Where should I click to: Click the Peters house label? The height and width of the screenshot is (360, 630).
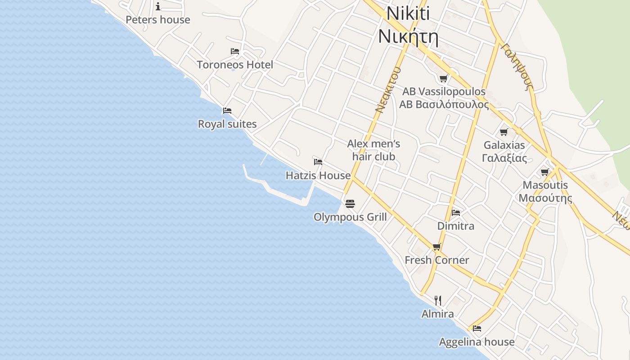(x=158, y=20)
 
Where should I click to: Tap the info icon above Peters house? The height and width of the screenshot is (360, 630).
(x=158, y=6)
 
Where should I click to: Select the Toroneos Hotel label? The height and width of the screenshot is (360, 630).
(x=235, y=65)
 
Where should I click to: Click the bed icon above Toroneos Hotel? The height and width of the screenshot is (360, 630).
(x=235, y=51)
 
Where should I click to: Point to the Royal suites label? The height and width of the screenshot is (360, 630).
(x=227, y=124)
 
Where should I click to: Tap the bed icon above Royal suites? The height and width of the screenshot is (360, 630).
(x=227, y=111)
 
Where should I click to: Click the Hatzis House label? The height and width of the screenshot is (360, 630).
(x=318, y=175)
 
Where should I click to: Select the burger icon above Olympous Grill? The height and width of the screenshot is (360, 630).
(x=350, y=204)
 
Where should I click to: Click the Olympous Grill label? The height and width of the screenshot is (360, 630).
(x=350, y=217)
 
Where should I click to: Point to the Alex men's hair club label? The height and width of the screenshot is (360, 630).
(x=373, y=150)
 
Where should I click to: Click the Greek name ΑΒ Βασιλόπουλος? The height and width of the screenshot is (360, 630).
(x=444, y=105)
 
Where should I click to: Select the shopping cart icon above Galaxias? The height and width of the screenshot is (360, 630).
(x=504, y=132)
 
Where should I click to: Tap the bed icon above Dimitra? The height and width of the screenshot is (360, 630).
(x=456, y=212)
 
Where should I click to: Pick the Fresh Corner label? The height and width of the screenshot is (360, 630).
(x=436, y=260)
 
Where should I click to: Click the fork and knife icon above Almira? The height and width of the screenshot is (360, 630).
(x=438, y=300)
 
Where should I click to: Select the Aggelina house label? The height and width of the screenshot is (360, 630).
(x=477, y=342)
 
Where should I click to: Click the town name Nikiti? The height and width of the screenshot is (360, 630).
(x=408, y=13)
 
